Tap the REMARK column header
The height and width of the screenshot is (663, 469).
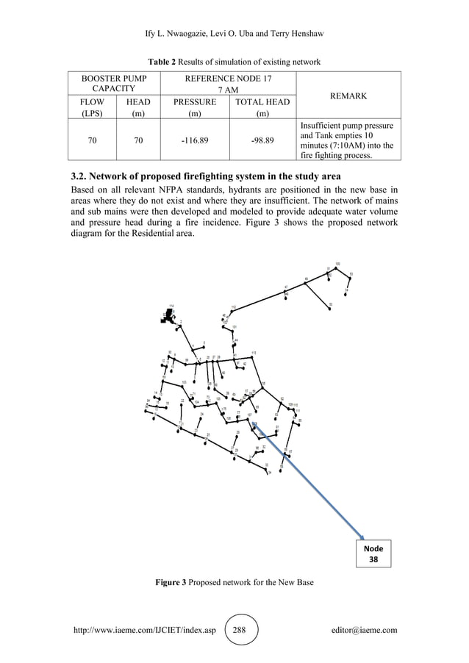tap(349, 96)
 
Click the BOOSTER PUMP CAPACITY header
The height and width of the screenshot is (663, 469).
tap(113, 83)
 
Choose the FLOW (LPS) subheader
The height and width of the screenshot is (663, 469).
tap(92, 109)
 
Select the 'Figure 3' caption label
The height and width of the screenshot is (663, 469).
tap(170, 582)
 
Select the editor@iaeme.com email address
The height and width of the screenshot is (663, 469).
tap(365, 630)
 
